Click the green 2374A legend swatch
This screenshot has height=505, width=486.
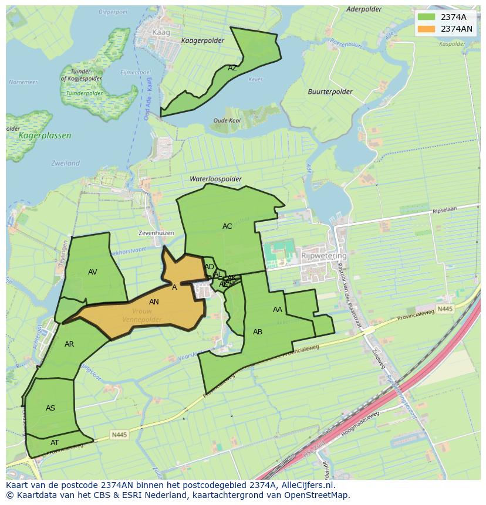pyautogui.click(x=427, y=17)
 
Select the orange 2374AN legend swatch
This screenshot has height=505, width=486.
pyautogui.click(x=427, y=29)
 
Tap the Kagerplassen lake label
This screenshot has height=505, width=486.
pyautogui.click(x=45, y=135)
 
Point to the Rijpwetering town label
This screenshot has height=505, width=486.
pyautogui.click(x=324, y=256)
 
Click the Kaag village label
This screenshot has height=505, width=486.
pyautogui.click(x=160, y=32)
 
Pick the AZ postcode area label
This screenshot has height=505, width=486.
pyautogui.click(x=232, y=67)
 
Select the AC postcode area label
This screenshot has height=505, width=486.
pyautogui.click(x=227, y=226)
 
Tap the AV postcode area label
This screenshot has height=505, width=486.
pyautogui.click(x=93, y=272)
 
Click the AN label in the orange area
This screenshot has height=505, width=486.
pyautogui.click(x=154, y=301)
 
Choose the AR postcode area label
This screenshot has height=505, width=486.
pyautogui.click(x=69, y=344)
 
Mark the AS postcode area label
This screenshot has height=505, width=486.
pyautogui.click(x=50, y=408)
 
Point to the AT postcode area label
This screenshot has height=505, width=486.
pyautogui.click(x=55, y=442)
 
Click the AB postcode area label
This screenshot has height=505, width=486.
pyautogui.click(x=258, y=331)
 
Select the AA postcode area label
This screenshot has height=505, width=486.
pyautogui.click(x=278, y=309)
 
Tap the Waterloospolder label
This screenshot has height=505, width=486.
pyautogui.click(x=215, y=178)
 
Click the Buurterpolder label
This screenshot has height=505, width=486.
pyautogui.click(x=330, y=91)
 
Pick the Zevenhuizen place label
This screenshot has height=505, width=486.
pyautogui.click(x=156, y=233)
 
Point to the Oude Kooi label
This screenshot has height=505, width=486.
pyautogui.click(x=227, y=120)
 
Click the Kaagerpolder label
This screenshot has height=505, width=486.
pyautogui.click(x=203, y=40)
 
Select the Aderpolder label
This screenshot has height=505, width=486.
pyautogui.click(x=364, y=9)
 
